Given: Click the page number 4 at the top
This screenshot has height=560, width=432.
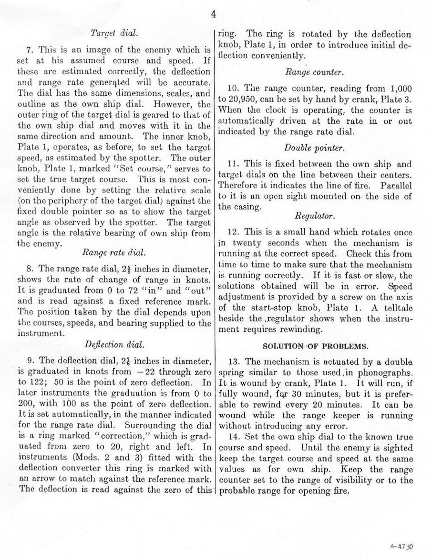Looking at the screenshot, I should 215,14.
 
